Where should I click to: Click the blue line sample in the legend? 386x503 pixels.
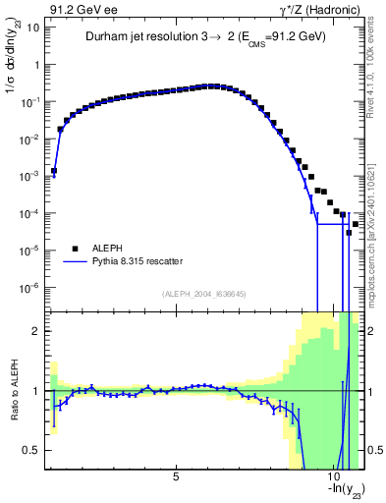point(73,262)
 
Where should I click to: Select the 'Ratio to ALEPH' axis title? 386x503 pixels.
point(14,390)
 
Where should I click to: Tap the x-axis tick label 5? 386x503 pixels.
point(176,477)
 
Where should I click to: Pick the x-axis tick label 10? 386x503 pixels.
point(334,477)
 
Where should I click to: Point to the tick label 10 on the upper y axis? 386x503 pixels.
point(34,28)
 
